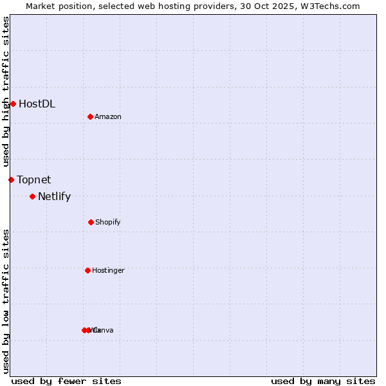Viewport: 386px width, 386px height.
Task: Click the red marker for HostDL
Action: (13, 104)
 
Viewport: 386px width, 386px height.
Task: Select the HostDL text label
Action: (37, 104)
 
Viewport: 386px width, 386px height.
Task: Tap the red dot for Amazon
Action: (90, 116)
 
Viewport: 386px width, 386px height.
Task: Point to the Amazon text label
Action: (107, 116)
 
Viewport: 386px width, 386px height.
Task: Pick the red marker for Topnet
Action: (11, 179)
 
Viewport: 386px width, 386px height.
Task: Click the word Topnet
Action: (33, 179)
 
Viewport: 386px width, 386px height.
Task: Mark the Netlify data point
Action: (32, 196)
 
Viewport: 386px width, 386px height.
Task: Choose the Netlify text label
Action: (54, 197)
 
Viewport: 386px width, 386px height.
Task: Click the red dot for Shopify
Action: (91, 222)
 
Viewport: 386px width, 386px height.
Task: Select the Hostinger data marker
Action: (87, 270)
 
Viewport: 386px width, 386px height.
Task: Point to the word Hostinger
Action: (108, 270)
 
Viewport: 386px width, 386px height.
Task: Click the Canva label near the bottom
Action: (103, 330)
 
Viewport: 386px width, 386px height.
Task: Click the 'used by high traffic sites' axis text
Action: (6, 91)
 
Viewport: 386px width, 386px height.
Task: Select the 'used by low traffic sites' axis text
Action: (6, 300)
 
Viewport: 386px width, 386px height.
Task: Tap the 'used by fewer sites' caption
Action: (66, 381)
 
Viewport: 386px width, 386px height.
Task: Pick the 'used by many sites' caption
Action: (323, 381)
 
